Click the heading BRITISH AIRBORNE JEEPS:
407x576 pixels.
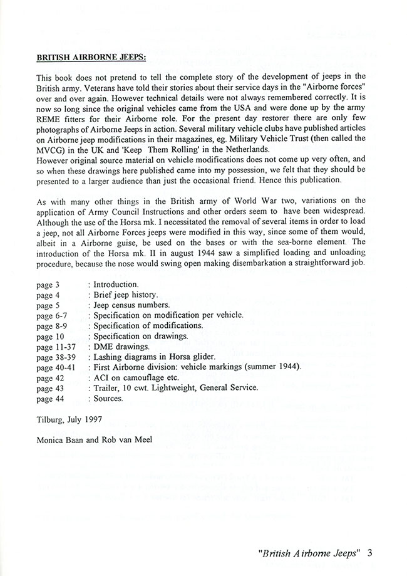tap(91, 58)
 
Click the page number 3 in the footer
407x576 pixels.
tap(371, 553)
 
